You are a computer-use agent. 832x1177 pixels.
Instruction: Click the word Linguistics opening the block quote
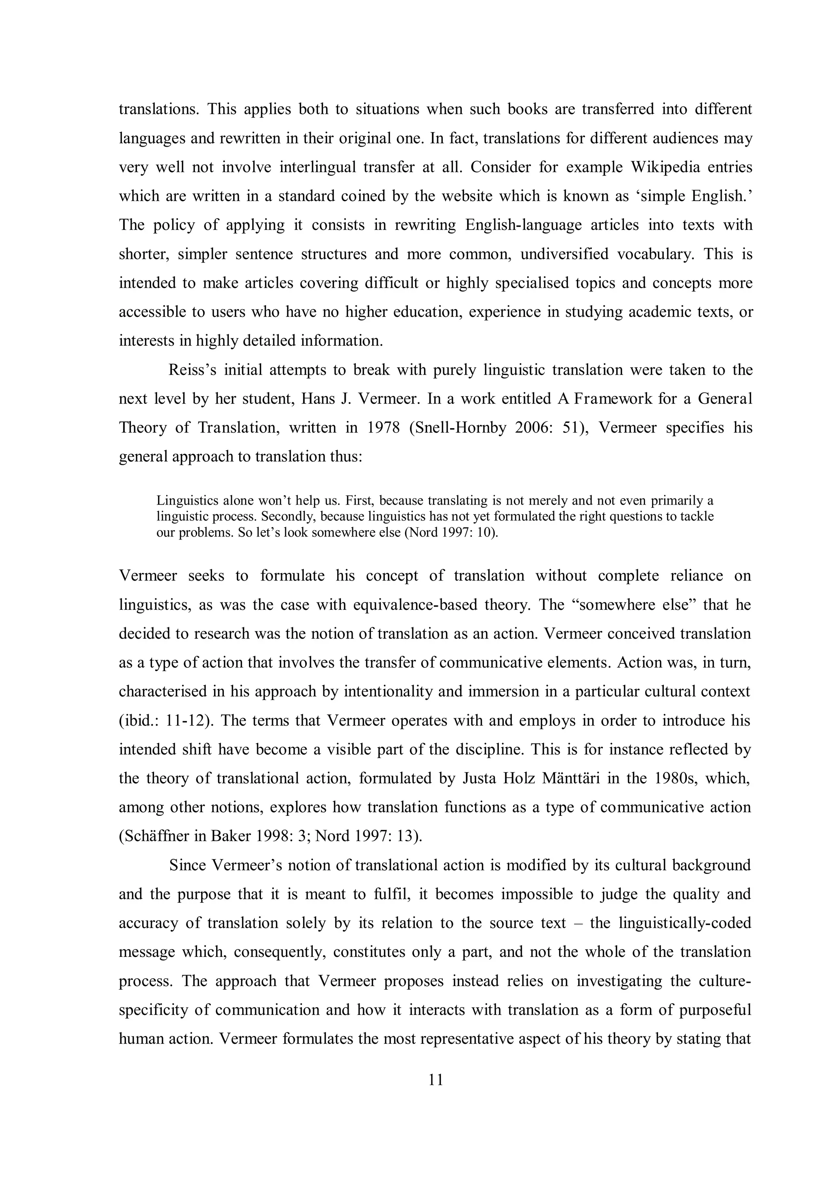188,500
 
